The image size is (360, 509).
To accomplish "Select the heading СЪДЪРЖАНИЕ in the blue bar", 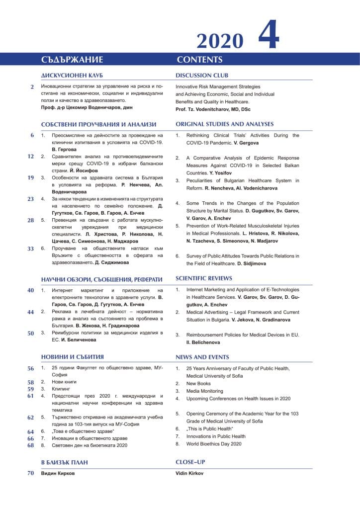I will (72, 60).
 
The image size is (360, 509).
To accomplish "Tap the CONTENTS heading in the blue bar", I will (199, 60).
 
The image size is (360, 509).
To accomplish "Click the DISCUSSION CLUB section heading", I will (202, 76).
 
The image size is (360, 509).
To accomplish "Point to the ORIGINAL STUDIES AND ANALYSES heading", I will (225, 124).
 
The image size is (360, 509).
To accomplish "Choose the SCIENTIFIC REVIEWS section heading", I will (204, 278).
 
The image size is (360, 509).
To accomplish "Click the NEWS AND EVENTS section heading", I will (202, 357).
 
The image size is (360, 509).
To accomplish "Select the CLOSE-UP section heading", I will (190, 462).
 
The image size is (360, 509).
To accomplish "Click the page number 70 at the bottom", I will (30, 473).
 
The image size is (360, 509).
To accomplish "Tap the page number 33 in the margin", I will (30, 249).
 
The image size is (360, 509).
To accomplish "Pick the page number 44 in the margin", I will (30, 312).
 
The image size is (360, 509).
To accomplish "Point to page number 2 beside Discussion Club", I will (32, 87).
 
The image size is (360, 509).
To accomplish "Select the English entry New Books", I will (198, 384).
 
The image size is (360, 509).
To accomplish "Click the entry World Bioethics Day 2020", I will (214, 443).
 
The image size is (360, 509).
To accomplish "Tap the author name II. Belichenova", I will (203, 342).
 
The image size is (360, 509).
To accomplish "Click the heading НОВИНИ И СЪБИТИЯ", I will (73, 357).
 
